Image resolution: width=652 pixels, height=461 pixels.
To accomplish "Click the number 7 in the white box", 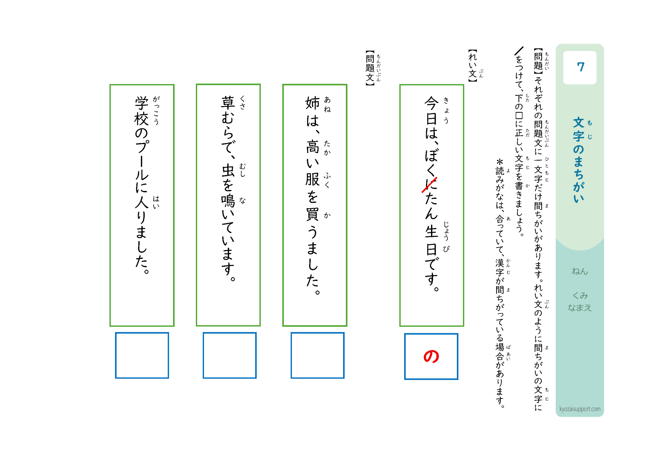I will [x=580, y=67].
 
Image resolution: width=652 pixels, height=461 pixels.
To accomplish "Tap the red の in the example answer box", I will [x=431, y=357].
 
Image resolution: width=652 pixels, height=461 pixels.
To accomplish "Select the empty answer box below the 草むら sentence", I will [x=229, y=355].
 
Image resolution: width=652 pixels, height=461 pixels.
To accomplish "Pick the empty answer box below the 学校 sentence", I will [x=142, y=355].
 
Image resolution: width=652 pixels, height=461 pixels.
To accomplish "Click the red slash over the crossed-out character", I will [x=429, y=185].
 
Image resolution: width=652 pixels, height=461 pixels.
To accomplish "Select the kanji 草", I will [x=228, y=103].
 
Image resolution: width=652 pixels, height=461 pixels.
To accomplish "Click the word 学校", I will [x=141, y=111].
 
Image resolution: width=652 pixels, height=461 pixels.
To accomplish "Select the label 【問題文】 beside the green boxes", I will [x=370, y=68].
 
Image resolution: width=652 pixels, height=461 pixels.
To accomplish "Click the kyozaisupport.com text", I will [x=580, y=409].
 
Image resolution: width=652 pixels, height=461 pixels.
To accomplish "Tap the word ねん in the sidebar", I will [x=580, y=271].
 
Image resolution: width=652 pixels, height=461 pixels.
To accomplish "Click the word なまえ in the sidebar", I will [x=580, y=308].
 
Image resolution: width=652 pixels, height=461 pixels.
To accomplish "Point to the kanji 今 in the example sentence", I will [x=431, y=103].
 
